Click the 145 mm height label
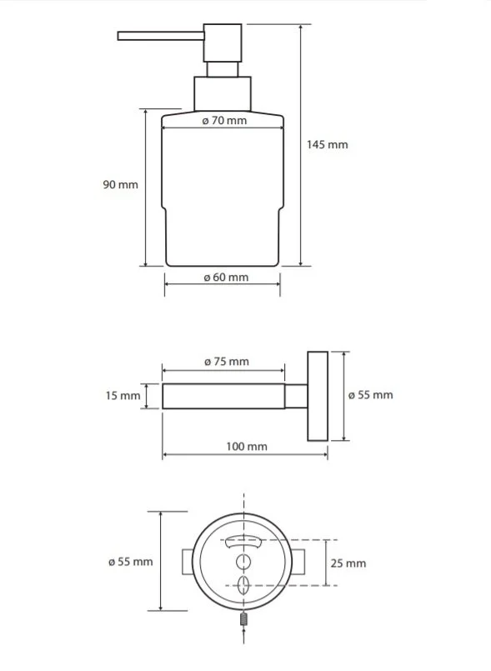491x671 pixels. tap(327, 145)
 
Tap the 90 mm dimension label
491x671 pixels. tap(120, 185)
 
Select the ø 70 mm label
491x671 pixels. tap(224, 121)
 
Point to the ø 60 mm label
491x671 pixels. tap(226, 278)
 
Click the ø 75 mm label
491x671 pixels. tap(227, 362)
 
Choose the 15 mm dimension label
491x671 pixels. tap(123, 396)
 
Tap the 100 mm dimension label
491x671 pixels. tap(247, 447)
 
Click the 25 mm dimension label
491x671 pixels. tap(348, 563)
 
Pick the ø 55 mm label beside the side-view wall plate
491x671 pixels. tap(370, 395)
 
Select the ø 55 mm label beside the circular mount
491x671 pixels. tap(131, 562)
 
